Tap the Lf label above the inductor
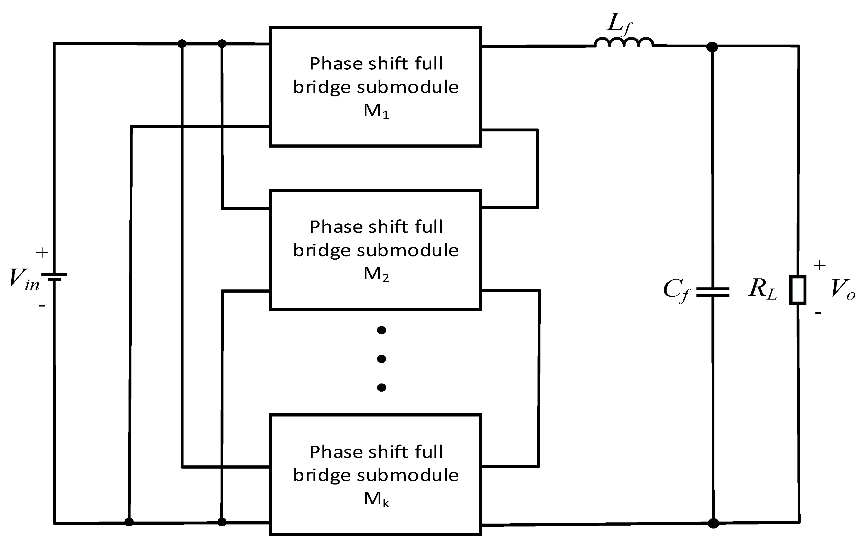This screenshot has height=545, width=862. point(620,25)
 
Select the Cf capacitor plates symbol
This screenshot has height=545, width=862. point(713,292)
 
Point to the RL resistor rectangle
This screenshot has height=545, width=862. point(798,290)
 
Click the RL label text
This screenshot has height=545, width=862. point(762,289)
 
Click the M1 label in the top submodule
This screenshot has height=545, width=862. point(376,111)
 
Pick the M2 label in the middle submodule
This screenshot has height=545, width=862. point(376,274)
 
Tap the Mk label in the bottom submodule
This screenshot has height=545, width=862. point(376,499)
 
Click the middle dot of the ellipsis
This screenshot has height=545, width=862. point(382,359)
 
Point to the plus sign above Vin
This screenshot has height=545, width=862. point(42,253)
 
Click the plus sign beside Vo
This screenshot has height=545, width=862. point(819,265)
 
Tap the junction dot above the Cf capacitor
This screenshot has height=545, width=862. point(712,47)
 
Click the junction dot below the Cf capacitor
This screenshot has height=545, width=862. point(713,524)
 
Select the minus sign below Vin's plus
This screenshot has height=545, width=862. point(42,306)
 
